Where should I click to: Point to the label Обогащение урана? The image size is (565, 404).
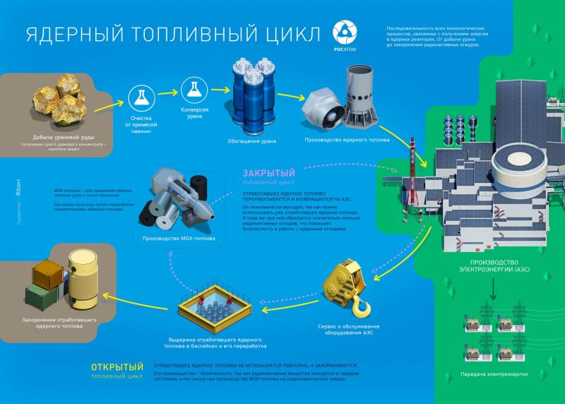(x=252, y=141)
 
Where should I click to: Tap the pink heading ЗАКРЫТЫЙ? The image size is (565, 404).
(x=268, y=173)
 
